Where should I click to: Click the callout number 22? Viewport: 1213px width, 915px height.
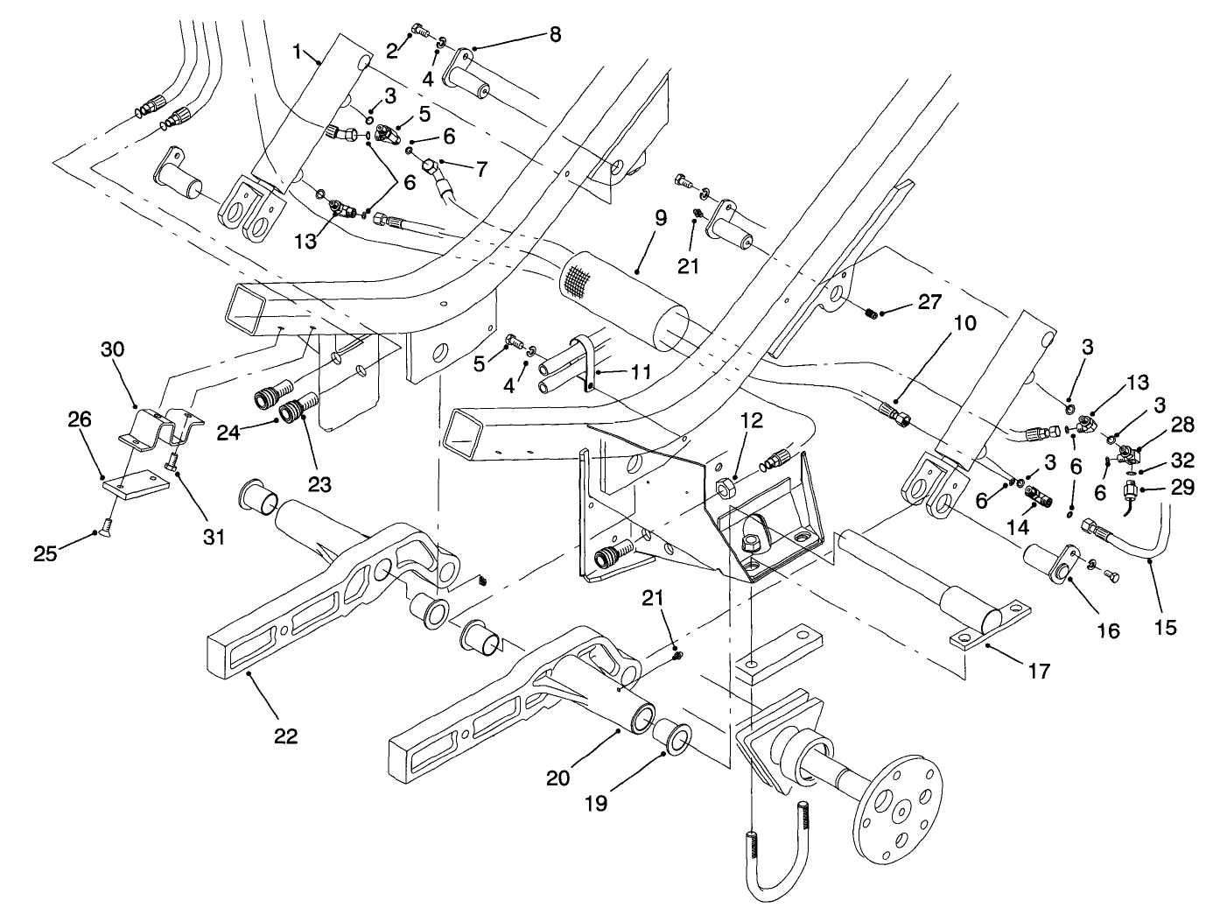click(285, 736)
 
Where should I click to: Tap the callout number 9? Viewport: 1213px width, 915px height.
click(660, 219)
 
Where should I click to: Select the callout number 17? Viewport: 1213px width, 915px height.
click(1040, 671)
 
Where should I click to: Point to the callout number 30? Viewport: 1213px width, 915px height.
click(112, 349)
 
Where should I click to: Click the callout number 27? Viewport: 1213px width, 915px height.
click(929, 302)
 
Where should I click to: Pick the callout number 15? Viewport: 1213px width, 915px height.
click(1165, 627)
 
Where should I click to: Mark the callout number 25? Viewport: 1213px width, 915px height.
click(46, 553)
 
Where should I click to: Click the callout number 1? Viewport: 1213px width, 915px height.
click(298, 53)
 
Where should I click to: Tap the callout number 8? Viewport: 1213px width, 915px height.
click(554, 34)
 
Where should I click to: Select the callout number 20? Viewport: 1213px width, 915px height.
click(558, 777)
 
